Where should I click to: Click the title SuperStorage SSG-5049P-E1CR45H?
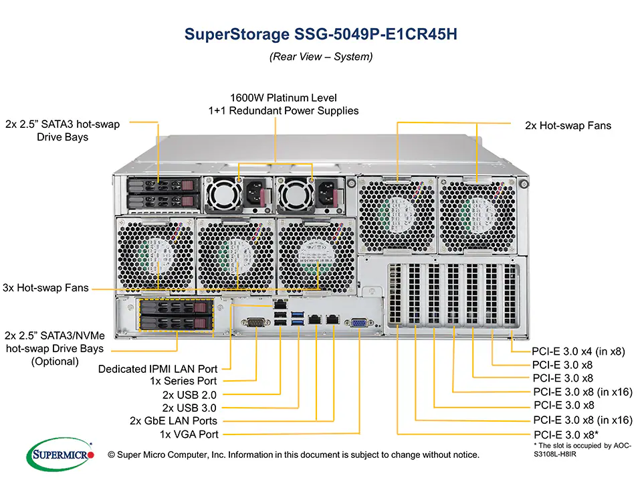click(320, 35)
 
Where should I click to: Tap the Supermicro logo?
click(60, 454)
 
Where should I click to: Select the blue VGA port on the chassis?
click(358, 323)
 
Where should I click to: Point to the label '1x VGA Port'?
click(188, 434)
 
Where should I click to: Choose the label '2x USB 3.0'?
click(190, 408)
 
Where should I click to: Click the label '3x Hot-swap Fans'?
click(45, 288)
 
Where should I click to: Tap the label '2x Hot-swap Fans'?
click(568, 125)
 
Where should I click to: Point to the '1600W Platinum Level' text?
click(283, 98)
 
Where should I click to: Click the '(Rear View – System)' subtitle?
click(320, 57)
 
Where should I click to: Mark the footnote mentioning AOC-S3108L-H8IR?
click(582, 449)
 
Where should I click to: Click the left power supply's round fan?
click(221, 194)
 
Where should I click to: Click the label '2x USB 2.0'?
click(190, 395)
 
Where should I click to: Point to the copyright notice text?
click(294, 455)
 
